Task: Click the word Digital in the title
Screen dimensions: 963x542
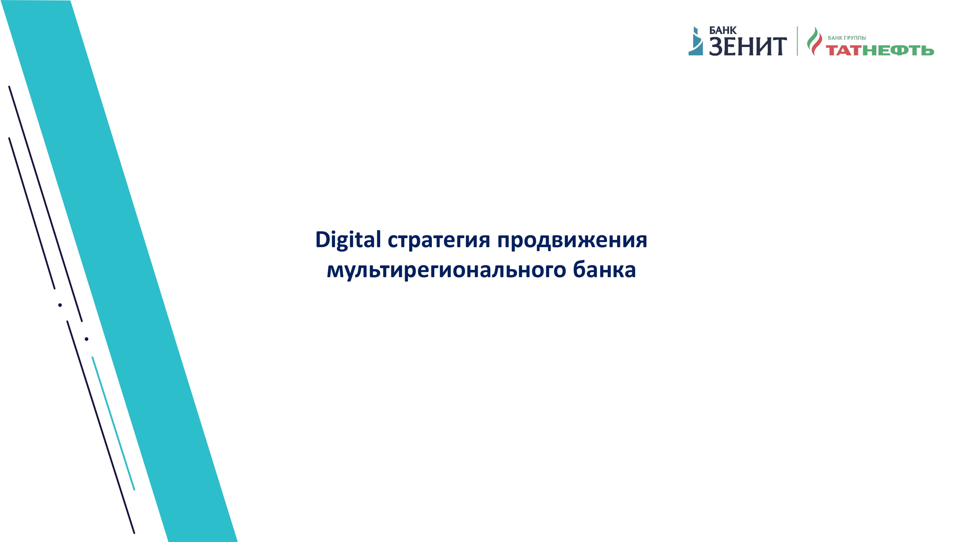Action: pos(348,240)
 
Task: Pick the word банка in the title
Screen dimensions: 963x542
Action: pos(604,269)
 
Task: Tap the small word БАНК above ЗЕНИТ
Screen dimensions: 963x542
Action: pos(723,30)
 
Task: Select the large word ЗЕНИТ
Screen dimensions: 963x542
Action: pos(748,46)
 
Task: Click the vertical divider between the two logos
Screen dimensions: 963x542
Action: pos(797,41)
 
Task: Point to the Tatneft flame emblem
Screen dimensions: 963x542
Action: pos(814,41)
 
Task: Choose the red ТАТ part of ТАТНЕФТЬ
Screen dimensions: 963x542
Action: pos(844,50)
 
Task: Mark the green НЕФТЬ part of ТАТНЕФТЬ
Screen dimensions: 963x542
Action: pos(898,50)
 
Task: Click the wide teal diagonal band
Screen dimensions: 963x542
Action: pos(119,271)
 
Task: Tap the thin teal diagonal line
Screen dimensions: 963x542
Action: pos(113,423)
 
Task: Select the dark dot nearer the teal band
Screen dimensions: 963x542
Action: pos(86,339)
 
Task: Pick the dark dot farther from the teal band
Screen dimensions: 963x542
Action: pos(60,305)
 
